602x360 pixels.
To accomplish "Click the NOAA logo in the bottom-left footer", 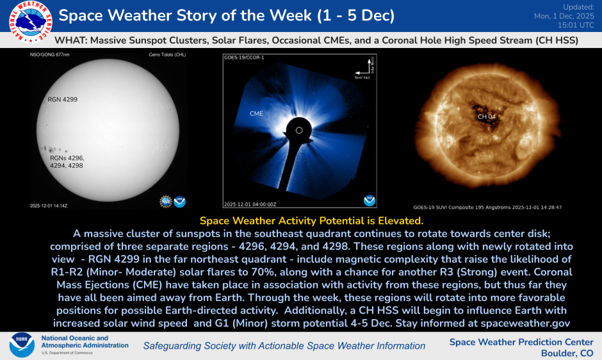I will (21, 345).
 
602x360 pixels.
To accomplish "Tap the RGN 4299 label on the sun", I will (62, 100).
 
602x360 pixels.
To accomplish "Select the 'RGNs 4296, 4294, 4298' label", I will (67, 161).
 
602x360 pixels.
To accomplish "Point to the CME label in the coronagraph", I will (256, 113).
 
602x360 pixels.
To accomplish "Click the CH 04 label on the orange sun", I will (487, 117).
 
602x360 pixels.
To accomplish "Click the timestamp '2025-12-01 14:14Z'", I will (49, 206).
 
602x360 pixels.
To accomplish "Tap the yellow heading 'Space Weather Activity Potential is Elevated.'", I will (301, 220).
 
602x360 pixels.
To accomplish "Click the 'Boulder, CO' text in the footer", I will (567, 353).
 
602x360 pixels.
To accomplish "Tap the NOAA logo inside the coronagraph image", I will (369, 200).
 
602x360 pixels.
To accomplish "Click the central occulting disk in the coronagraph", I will (298, 130).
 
